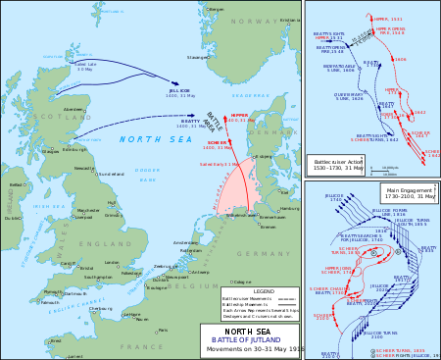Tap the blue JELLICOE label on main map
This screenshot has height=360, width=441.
pos(178,90)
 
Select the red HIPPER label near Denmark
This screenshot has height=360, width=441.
pos(239,115)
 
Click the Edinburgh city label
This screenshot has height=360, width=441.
pos(49,150)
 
